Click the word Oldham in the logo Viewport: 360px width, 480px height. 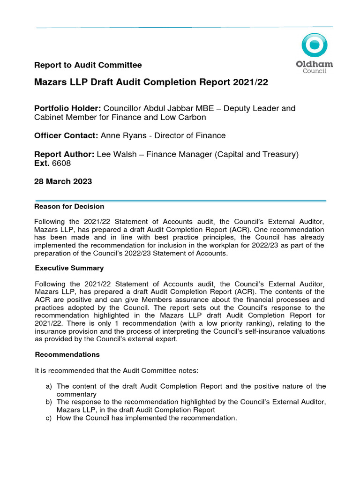click(x=314, y=64)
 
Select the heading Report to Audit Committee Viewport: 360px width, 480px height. click(x=88, y=65)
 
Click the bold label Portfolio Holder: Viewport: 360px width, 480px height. click(x=67, y=108)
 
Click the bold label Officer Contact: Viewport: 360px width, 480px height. click(x=66, y=135)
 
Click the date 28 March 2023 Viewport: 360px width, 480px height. click(x=63, y=182)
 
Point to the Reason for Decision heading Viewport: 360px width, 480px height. click(x=70, y=206)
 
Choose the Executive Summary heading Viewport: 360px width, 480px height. click(x=70, y=268)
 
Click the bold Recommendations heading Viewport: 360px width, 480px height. click(x=67, y=354)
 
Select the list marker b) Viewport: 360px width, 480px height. click(x=49, y=402)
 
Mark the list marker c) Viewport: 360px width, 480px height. click(x=49, y=418)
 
